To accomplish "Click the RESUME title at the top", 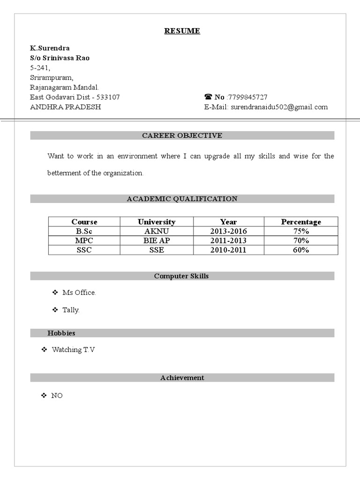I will pyautogui.click(x=182, y=31).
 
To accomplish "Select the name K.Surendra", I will pyautogui.click(x=50, y=48).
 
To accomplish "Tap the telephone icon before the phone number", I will pyautogui.click(x=208, y=97).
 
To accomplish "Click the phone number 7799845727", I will pyautogui.click(x=248, y=97).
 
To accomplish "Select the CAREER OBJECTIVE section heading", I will pyautogui.click(x=182, y=135).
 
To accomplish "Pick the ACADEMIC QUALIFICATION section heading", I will pyautogui.click(x=182, y=199).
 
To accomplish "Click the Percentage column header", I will pyautogui.click(x=301, y=222).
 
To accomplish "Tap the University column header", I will pyautogui.click(x=157, y=222).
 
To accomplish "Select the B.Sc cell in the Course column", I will pyautogui.click(x=84, y=231).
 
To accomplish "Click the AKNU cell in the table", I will pyautogui.click(x=157, y=231).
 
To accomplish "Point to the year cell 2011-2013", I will pyautogui.click(x=228, y=240).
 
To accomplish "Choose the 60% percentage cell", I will pyautogui.click(x=301, y=250).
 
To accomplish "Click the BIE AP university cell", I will pyautogui.click(x=157, y=240).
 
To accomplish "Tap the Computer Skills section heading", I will pyautogui.click(x=181, y=276).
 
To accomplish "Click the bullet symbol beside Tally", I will pyautogui.click(x=55, y=310).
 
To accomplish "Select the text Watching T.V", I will pyautogui.click(x=73, y=350).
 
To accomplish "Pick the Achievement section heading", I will pyautogui.click(x=182, y=377).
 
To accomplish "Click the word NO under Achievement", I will pyautogui.click(x=57, y=396).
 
